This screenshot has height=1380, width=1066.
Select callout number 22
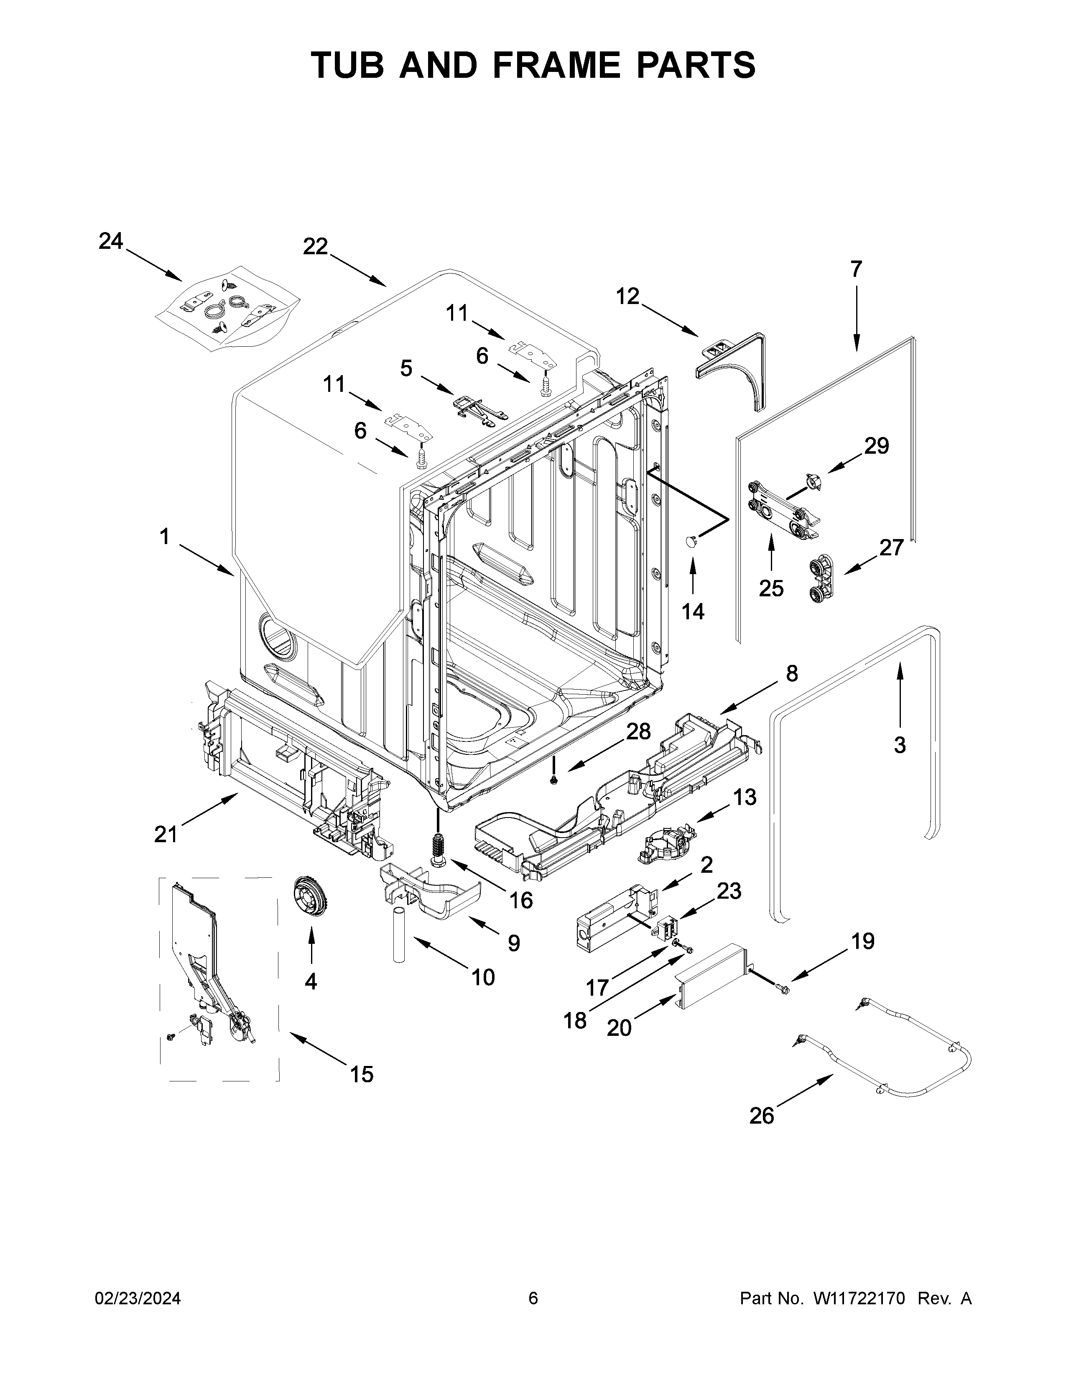(315, 246)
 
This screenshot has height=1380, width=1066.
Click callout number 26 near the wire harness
(762, 1116)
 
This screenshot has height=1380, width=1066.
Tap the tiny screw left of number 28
(554, 781)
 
